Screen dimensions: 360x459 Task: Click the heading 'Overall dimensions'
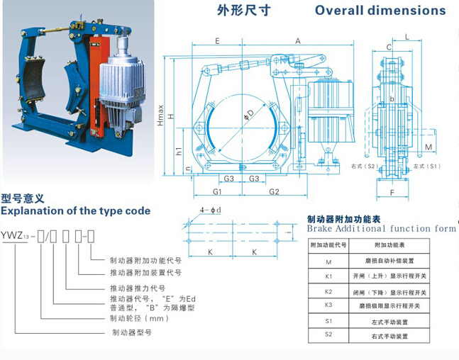380,11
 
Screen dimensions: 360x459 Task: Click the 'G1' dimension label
219,191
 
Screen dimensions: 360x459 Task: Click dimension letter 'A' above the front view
297,41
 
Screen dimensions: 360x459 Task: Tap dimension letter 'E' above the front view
216,41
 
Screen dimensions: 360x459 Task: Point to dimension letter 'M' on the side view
428,146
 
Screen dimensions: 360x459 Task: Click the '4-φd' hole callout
210,210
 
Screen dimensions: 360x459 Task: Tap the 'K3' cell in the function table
328,305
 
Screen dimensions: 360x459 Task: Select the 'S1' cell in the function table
328,321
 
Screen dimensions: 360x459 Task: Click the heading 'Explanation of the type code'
76,211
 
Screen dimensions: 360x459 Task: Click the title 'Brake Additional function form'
381,229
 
